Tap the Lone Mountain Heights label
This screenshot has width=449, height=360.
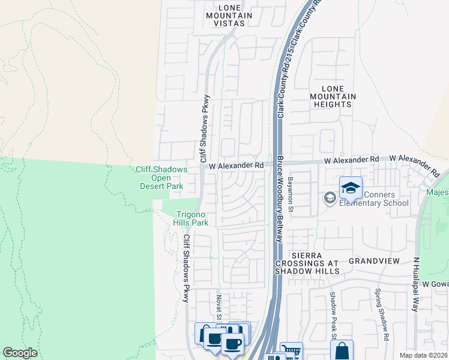point(333,96)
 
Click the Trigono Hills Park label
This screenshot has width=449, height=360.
point(192,218)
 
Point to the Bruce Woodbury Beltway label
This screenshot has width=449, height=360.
point(280,199)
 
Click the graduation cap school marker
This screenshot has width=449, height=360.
point(351,189)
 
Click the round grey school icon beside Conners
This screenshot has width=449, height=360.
point(329,197)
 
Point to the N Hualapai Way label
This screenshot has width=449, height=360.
point(415,284)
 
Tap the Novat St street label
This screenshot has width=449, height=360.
point(218,307)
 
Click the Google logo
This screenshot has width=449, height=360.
point(20,353)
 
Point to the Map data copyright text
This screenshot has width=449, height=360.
point(424,355)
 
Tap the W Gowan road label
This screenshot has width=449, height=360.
point(435,283)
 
